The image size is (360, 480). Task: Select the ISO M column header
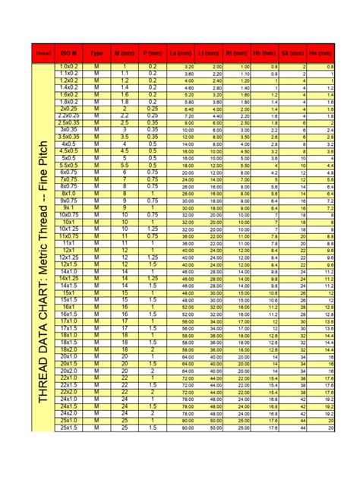coord(68,54)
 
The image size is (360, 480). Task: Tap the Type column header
coord(96,54)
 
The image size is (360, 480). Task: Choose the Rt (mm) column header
coord(237,54)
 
